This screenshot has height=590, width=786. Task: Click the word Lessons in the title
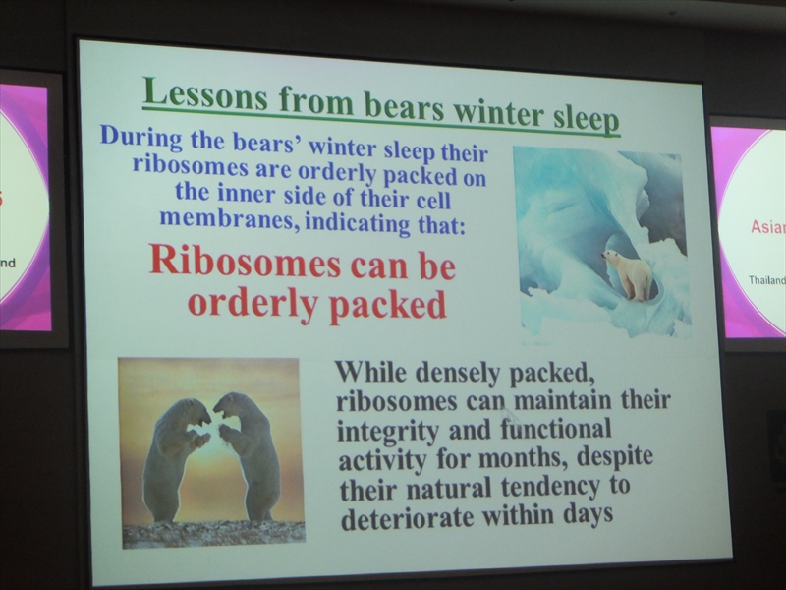coord(205,94)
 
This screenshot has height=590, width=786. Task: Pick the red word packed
coord(388,306)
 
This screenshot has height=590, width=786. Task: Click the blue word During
coord(141,137)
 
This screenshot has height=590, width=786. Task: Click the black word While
coord(371,372)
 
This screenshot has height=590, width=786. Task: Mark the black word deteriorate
coord(407,518)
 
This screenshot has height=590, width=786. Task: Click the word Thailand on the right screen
coord(767,280)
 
